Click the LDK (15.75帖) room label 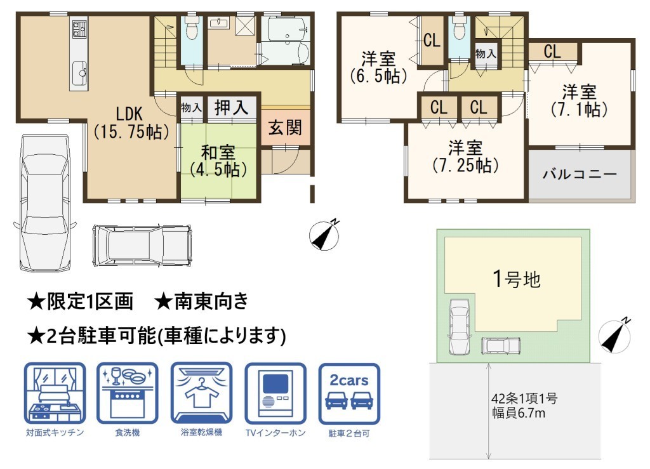tap(131, 122)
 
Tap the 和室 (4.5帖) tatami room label tap(218, 161)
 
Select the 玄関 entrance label tap(285, 128)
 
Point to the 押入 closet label tap(231, 108)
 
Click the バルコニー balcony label tap(580, 174)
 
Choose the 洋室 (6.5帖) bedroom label tap(378, 67)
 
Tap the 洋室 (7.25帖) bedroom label tap(465, 157)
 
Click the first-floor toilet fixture tap(190, 27)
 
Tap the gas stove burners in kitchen tap(78, 28)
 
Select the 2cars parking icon tap(349, 394)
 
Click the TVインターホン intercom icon tap(275, 393)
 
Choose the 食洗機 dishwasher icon tap(128, 393)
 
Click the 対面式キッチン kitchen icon tap(55, 393)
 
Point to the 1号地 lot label tap(517, 279)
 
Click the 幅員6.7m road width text tap(519, 413)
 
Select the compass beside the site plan tap(615, 336)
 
